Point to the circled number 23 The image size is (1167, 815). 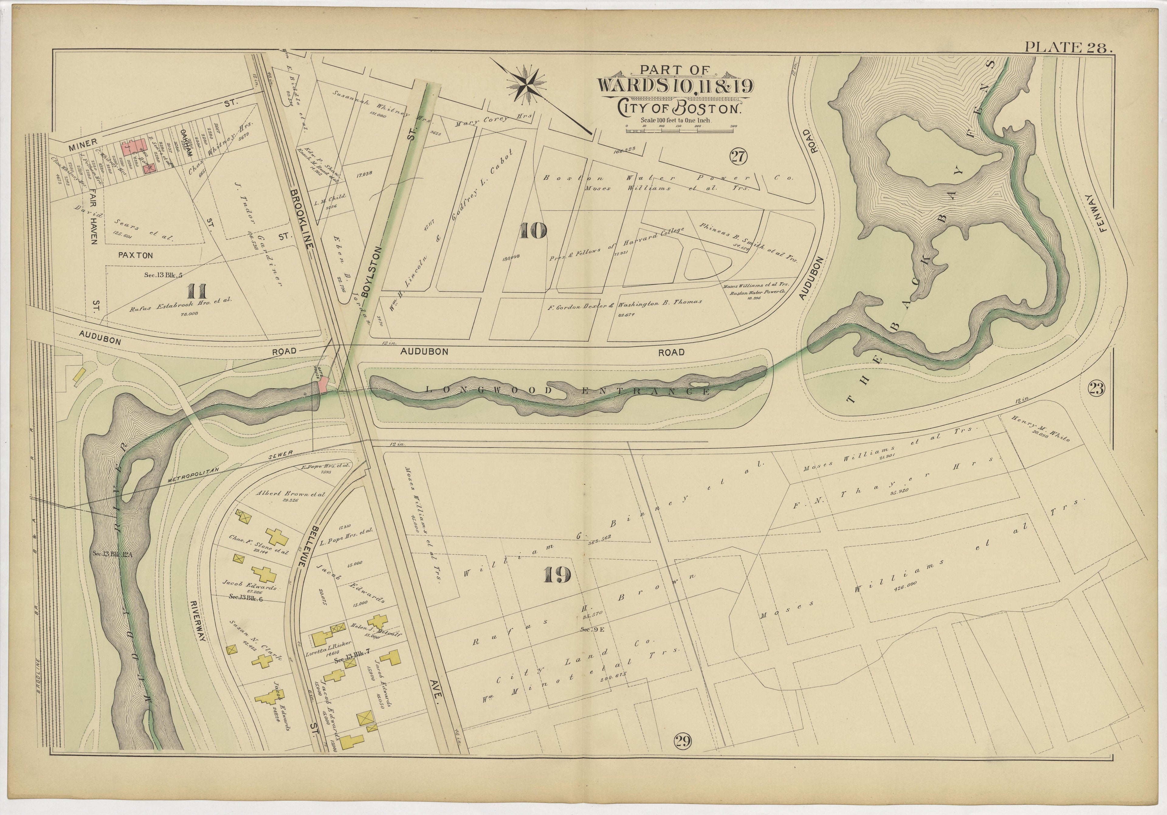point(1097,389)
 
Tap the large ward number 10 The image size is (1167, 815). point(533,231)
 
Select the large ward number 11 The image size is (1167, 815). point(196,291)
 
